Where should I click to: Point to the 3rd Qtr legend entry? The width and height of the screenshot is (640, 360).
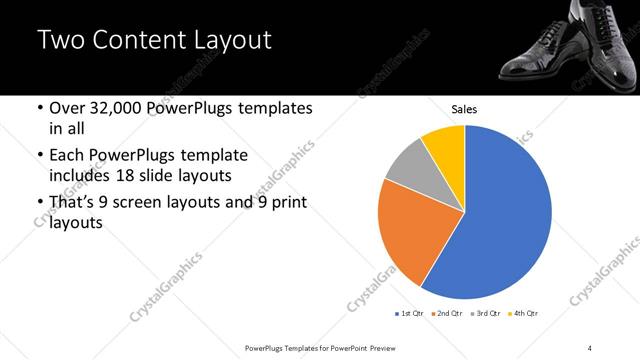coord(485,314)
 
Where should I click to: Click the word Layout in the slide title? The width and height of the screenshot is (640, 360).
coord(230,41)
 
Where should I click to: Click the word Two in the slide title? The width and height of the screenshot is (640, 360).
coord(59,41)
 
